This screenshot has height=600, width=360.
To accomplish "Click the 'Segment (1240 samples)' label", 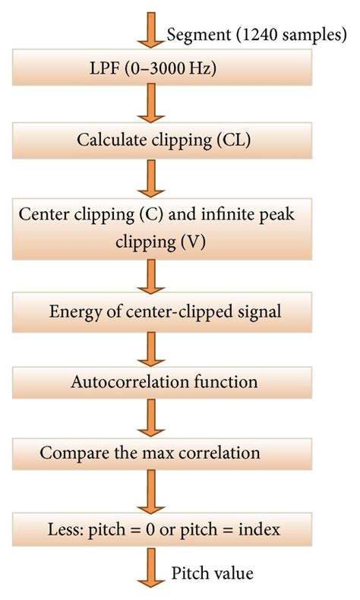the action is tap(257, 35).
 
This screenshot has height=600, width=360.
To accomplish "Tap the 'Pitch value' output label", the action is tap(212, 573).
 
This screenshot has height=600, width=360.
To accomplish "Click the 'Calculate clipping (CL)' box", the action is tap(162, 141).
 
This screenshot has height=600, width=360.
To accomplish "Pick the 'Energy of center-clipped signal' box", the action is tap(162, 312).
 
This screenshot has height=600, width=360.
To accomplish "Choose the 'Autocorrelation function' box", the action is tap(162, 383).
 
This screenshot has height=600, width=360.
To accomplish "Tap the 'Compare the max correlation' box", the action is tap(162, 454).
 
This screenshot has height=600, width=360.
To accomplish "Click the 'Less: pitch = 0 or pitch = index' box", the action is tap(162, 530).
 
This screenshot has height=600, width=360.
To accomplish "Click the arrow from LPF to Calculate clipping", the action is tap(151, 103).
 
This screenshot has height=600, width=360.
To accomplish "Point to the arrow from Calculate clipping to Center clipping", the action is tap(151, 178).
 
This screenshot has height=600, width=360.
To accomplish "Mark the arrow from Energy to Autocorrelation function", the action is tap(151, 349).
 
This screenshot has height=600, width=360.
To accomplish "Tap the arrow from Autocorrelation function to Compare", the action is tap(151, 418).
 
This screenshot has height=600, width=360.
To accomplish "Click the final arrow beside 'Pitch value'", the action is tap(151, 567).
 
